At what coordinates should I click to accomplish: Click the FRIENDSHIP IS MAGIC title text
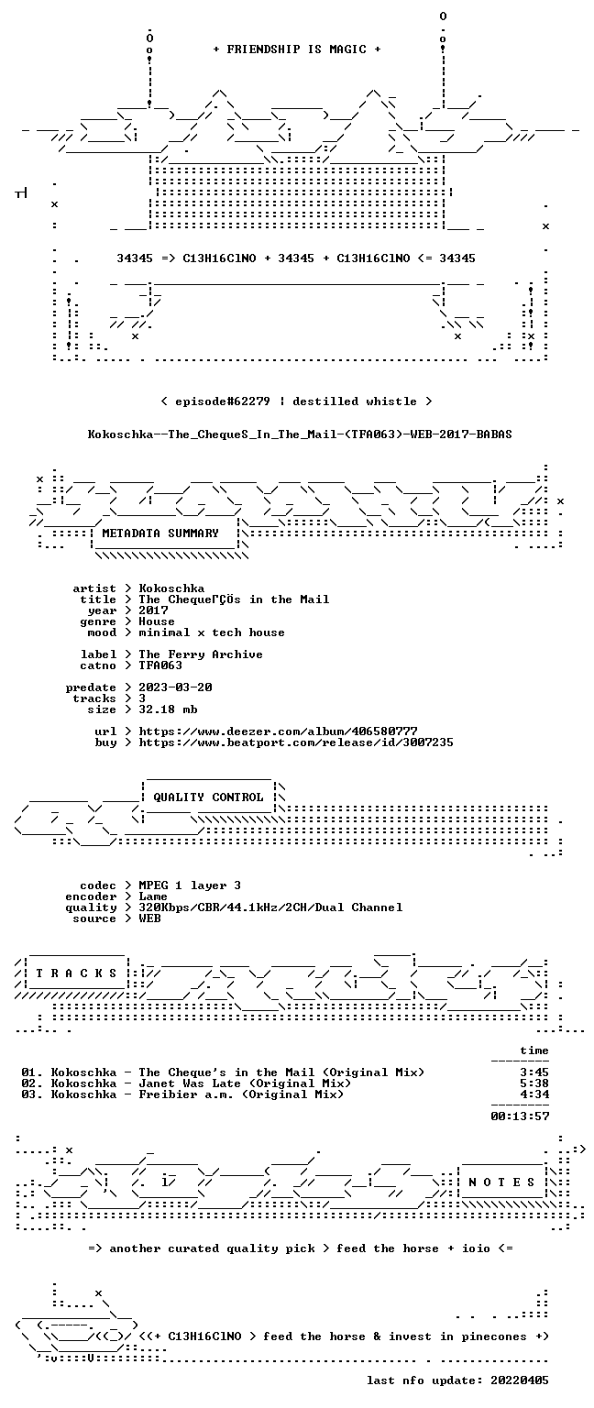coord(297,49)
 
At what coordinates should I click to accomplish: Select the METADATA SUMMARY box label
coord(160,533)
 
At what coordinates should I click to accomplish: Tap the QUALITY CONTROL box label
coord(208,797)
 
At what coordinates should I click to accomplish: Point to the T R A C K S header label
coord(76,973)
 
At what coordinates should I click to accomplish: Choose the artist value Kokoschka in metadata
coord(171,588)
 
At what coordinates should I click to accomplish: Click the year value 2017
coord(153,610)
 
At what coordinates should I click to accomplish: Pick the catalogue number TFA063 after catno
coord(160,665)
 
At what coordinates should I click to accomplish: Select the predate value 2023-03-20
coord(175,687)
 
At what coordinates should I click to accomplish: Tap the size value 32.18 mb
coord(168,709)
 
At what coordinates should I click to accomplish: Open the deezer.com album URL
coord(278,731)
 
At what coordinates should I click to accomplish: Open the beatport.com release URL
coord(296,742)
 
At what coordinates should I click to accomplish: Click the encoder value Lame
coord(153,896)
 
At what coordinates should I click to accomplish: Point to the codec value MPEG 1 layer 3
coord(190,885)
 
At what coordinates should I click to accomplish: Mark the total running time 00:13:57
coord(520,1116)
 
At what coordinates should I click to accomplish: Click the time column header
coord(534,1050)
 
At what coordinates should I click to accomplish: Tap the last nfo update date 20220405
coord(520,1380)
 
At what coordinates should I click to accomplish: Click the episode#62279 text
coord(223,401)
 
